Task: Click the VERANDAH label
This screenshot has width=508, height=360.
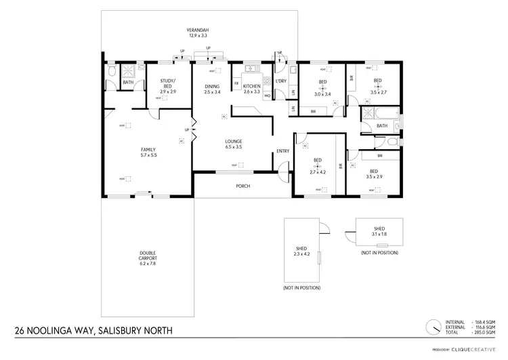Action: [198, 30]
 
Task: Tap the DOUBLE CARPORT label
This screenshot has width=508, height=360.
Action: [148, 254]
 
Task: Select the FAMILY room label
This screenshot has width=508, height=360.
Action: [148, 149]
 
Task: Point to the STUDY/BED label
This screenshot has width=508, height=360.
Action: [168, 81]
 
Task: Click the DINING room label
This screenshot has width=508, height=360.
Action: [213, 86]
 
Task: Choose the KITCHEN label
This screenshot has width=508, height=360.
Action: [252, 86]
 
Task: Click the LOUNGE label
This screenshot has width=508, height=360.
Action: [234, 142]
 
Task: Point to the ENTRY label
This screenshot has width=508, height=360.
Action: [283, 151]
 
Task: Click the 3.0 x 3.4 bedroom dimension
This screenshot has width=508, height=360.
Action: [323, 94]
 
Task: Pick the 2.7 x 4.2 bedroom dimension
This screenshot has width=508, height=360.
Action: [318, 172]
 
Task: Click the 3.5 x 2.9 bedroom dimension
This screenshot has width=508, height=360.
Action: [373, 176]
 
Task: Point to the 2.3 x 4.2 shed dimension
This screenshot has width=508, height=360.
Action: [302, 254]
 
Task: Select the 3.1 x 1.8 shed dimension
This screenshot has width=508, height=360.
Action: [379, 234]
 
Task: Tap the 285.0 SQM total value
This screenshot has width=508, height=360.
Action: [482, 332]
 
